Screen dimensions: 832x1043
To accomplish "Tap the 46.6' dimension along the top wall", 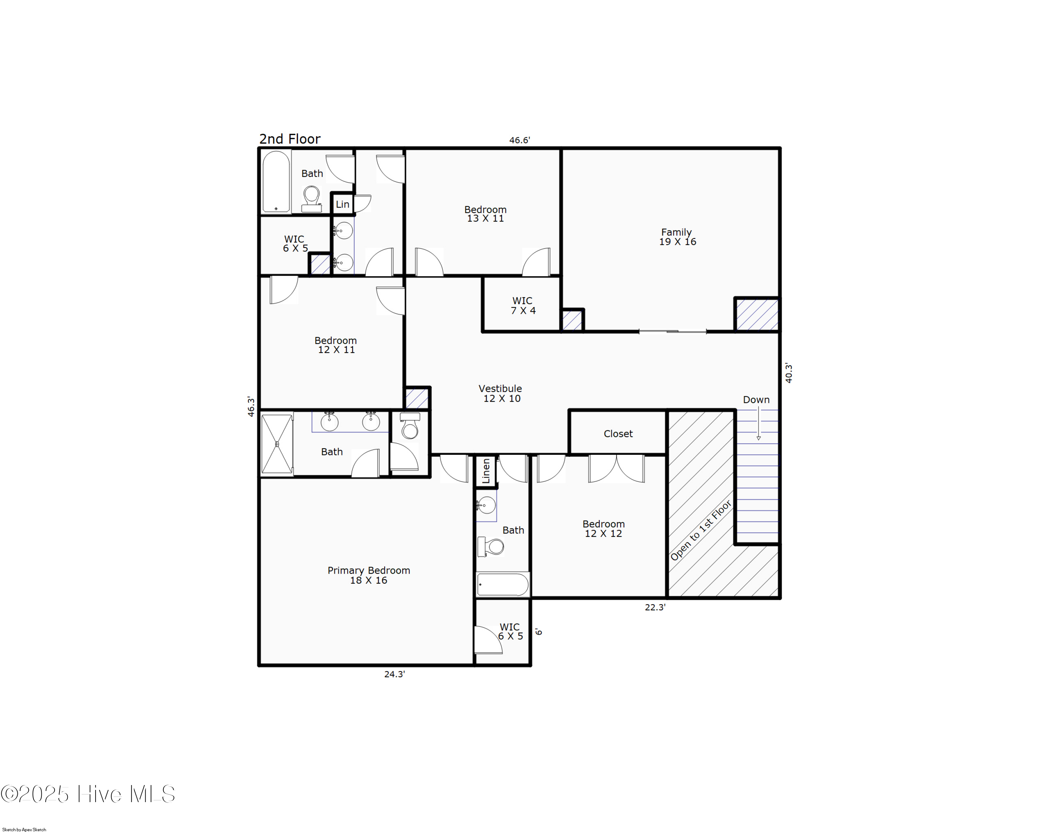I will (x=519, y=140).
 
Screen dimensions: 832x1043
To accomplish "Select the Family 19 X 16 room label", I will (x=677, y=237).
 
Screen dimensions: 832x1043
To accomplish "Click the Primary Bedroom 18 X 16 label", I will (x=369, y=575).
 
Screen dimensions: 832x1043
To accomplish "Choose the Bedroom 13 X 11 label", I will (x=485, y=214).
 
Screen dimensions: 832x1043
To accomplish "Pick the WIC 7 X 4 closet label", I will (x=523, y=306).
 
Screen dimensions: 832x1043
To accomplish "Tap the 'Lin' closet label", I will (x=342, y=204).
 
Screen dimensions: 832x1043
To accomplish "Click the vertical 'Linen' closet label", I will (x=486, y=471).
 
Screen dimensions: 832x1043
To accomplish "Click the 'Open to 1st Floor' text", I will (x=701, y=531).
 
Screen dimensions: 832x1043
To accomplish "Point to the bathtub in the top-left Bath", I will (x=276, y=182).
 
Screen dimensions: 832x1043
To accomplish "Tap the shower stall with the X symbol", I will (x=277, y=444).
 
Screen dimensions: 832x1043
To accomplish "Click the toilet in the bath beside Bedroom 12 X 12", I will (x=492, y=547).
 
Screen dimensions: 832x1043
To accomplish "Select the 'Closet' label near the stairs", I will (x=618, y=434).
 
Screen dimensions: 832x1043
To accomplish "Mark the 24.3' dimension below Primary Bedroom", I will (x=394, y=674).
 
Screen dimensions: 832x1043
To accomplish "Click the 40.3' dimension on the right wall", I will (x=789, y=373).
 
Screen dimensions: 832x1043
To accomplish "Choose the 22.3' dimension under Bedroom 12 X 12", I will (x=655, y=607).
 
